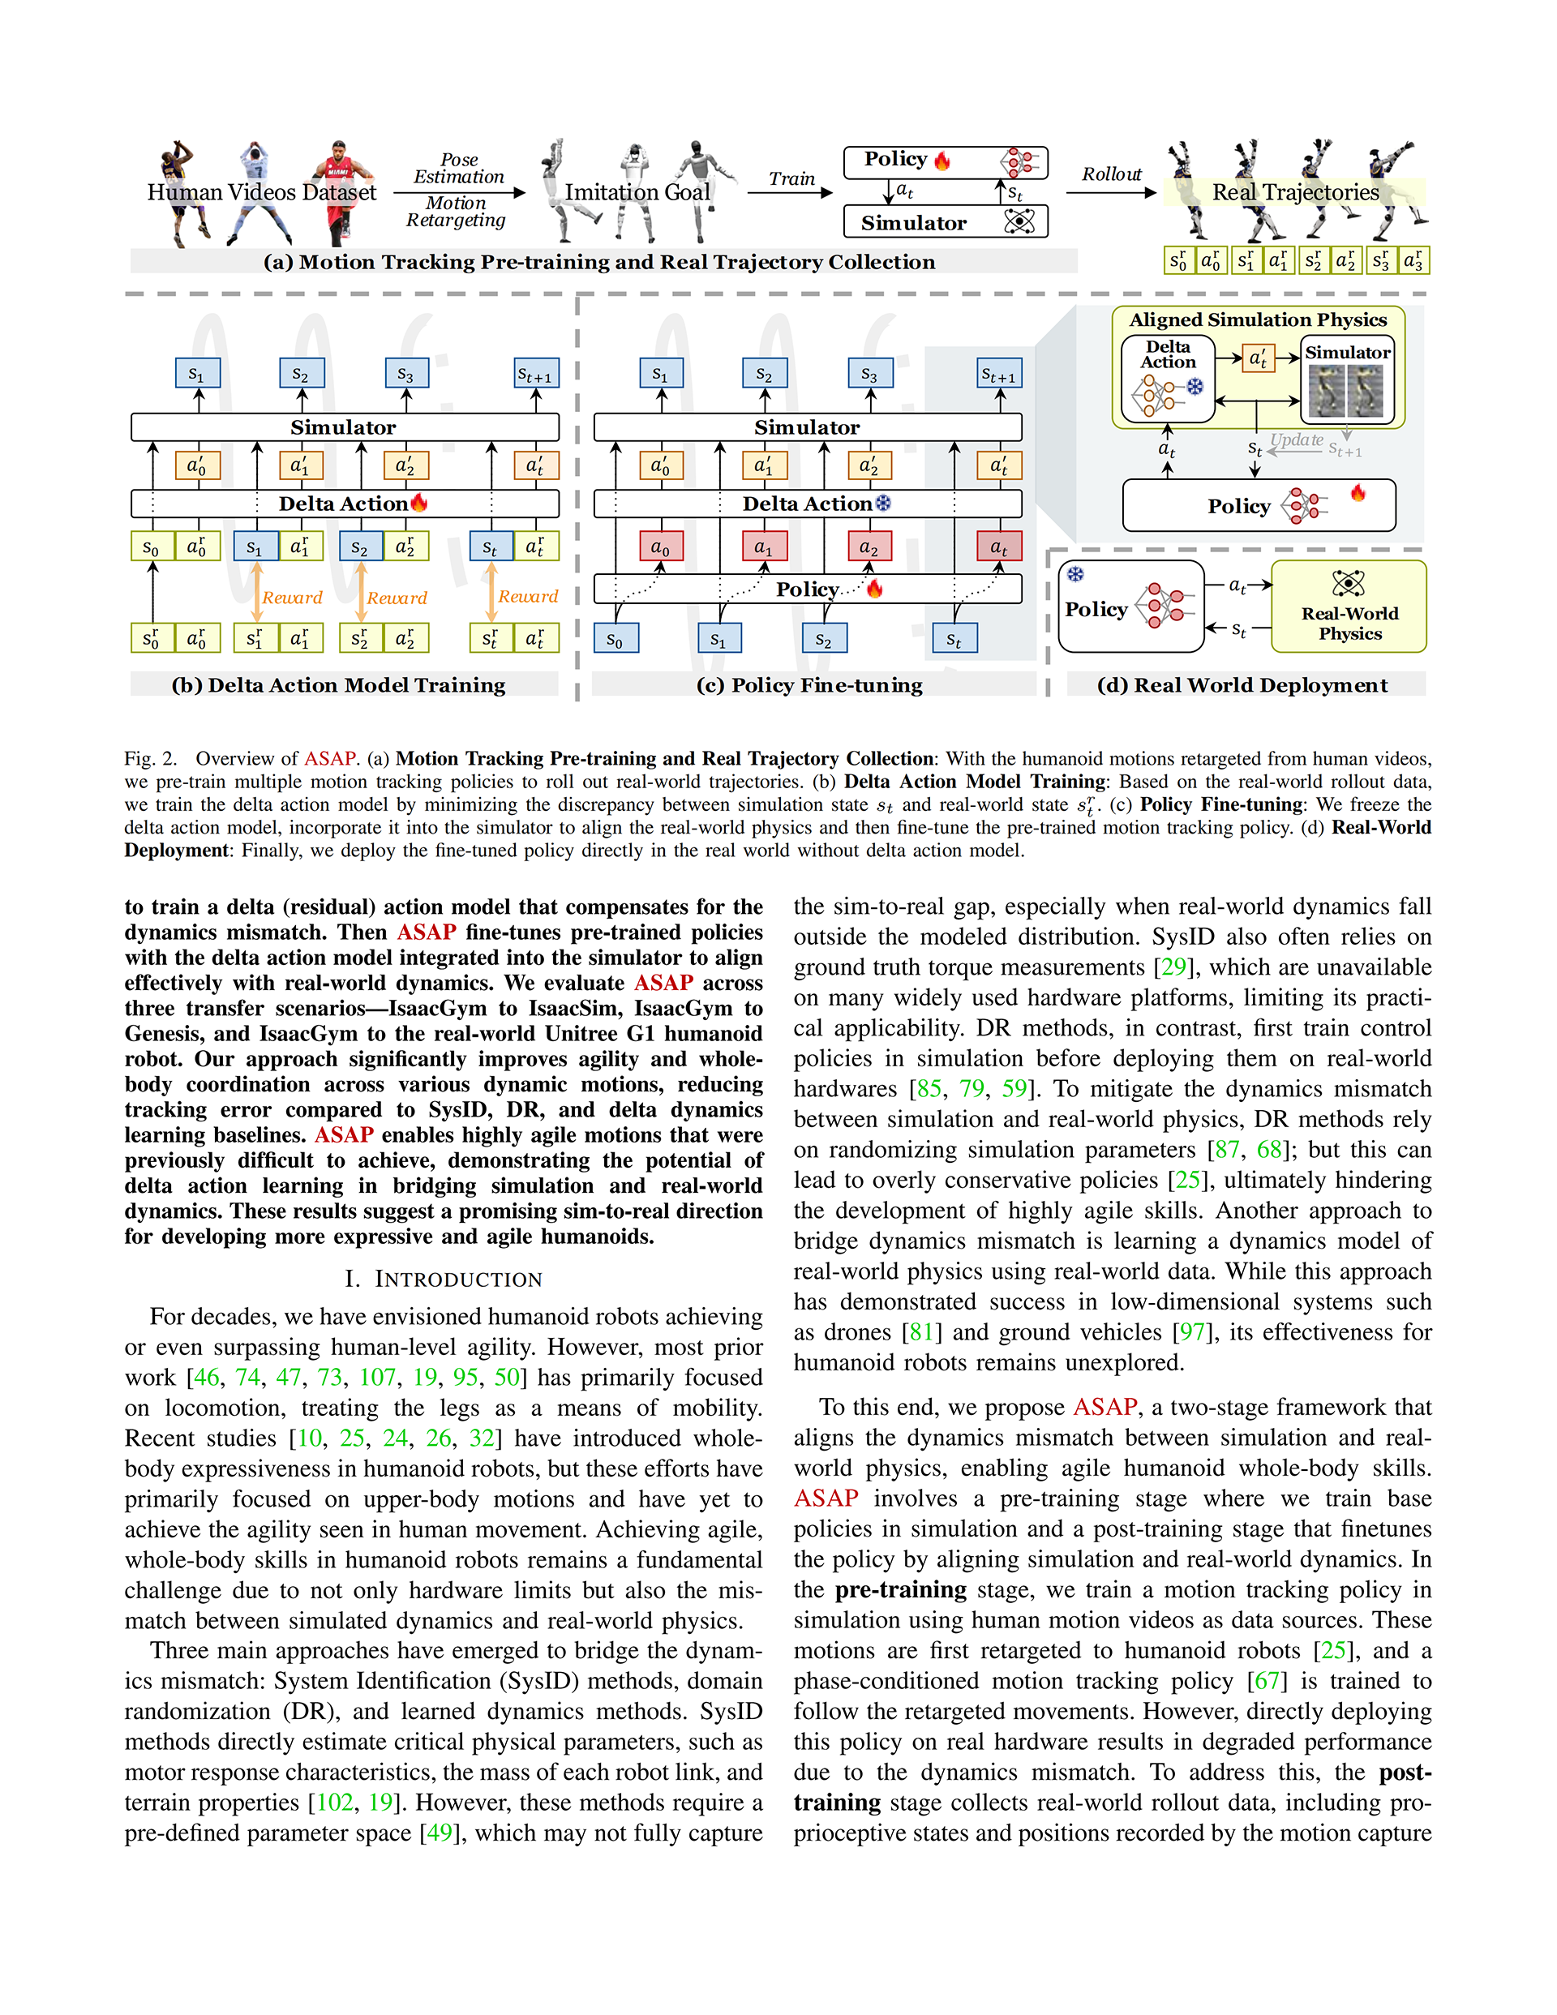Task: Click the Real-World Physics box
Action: click(x=1349, y=607)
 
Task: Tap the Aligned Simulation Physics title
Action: click(x=1258, y=320)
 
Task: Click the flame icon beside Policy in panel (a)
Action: click(x=942, y=161)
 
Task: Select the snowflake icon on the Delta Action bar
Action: click(x=883, y=503)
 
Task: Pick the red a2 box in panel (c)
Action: click(x=869, y=547)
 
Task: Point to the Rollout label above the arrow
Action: click(x=1111, y=174)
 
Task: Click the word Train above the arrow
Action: click(x=792, y=179)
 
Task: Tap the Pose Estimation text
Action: click(x=459, y=168)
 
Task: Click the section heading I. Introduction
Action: click(x=443, y=1279)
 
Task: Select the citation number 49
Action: click(x=439, y=1833)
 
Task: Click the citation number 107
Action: click(x=377, y=1378)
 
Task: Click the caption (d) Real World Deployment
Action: click(x=1242, y=684)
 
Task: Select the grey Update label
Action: click(x=1297, y=440)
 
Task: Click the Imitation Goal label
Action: click(x=637, y=192)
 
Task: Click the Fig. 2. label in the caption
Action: click(x=151, y=758)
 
